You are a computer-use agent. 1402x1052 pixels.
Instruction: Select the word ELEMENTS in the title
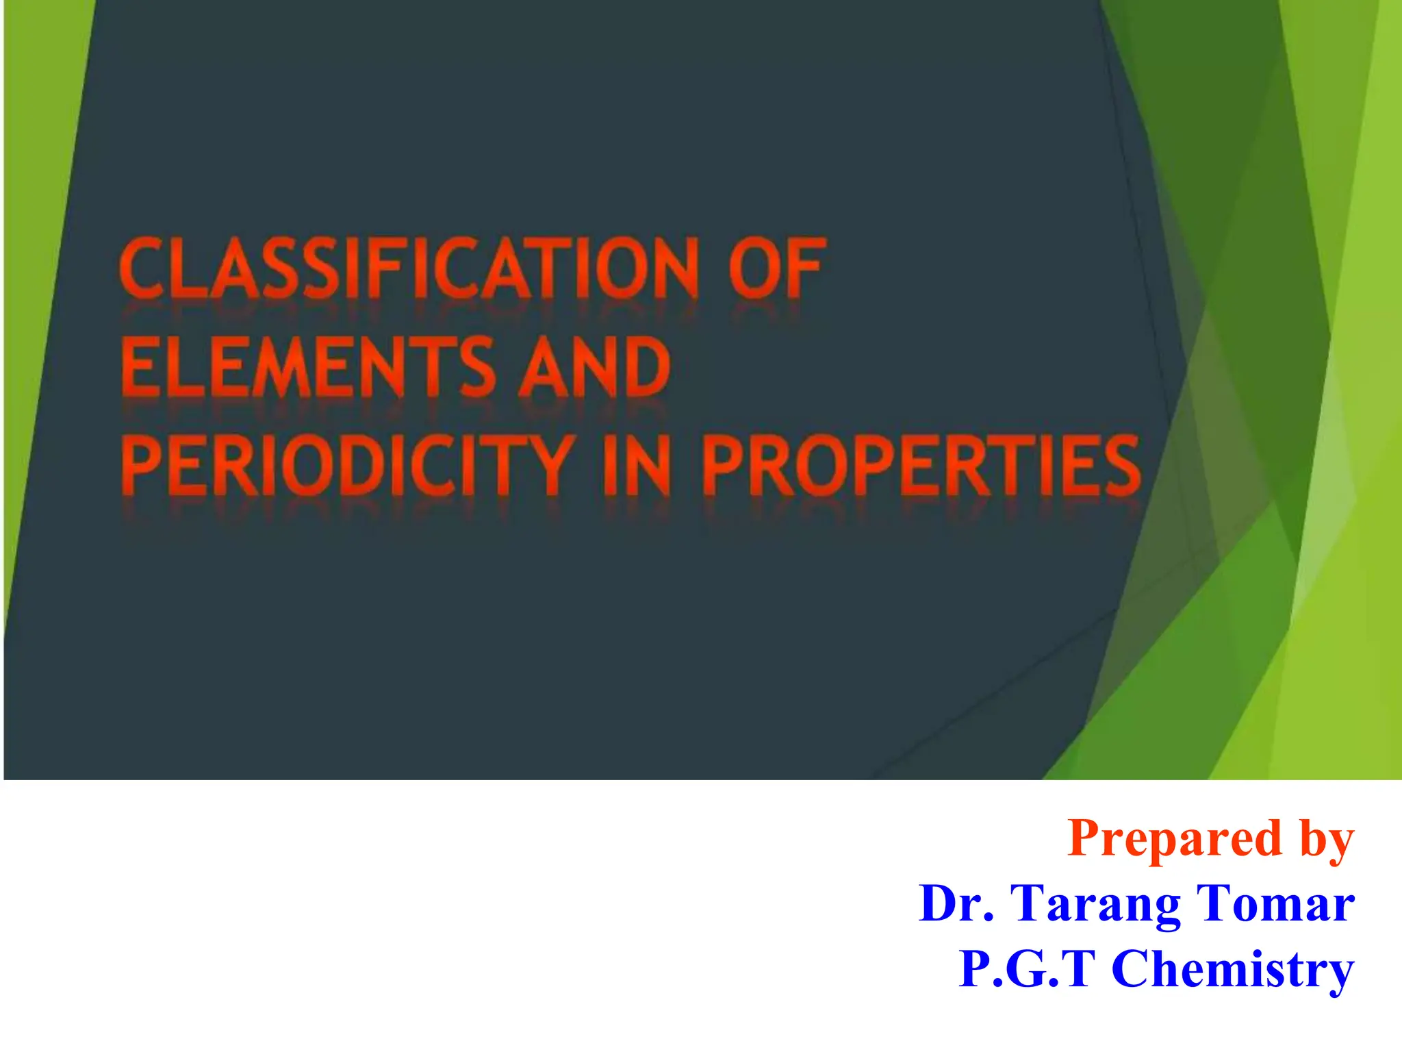[x=308, y=368]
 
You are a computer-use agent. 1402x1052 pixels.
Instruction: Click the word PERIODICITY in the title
[x=347, y=466]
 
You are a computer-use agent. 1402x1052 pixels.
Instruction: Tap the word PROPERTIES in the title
[x=921, y=466]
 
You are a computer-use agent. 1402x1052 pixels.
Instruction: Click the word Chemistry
[x=1233, y=970]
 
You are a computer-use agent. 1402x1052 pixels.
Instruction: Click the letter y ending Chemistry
[x=1339, y=973]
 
